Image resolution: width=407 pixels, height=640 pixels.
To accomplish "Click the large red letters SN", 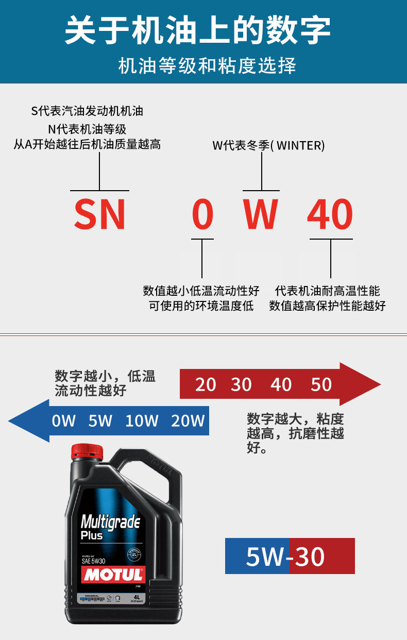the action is coord(99,214).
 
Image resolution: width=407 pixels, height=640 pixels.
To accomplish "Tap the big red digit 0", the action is coord(202,214).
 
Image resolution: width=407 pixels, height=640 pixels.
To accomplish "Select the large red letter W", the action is coord(261,214).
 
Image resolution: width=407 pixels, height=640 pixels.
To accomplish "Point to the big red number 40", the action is coord(330,214).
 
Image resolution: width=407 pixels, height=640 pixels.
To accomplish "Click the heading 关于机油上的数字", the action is coord(198,30).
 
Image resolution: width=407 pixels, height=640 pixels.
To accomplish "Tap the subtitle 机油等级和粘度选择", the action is coord(207,66).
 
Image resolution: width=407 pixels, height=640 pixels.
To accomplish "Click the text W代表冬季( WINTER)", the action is coord(269,145).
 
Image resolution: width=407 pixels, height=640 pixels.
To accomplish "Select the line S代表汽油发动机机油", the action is coord(87,111).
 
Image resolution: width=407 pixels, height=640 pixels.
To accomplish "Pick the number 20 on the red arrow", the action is coord(206,384).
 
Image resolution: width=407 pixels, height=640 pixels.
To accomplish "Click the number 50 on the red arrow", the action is coord(321,384).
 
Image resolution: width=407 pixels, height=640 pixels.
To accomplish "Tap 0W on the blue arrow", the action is coord(64,421).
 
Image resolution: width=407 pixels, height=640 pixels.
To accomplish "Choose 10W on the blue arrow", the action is coord(142,421).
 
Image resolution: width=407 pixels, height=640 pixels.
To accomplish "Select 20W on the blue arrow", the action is coord(188,421).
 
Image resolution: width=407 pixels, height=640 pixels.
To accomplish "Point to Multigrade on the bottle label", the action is coord(110,523).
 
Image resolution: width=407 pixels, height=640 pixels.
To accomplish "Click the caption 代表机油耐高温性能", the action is coord(328,291).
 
